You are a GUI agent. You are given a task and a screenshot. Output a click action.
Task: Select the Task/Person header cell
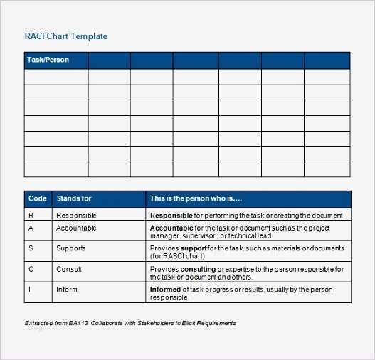tap(48, 60)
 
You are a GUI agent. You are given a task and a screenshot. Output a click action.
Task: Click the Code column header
tap(37, 198)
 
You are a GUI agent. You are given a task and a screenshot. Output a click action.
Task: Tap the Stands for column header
tap(74, 198)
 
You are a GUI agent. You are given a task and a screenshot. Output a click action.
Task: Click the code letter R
tap(31, 215)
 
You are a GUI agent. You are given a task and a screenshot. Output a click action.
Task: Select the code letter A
tap(31, 228)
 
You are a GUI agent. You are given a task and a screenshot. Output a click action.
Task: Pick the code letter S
tap(31, 248)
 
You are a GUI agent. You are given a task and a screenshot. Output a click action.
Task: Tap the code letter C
tap(31, 269)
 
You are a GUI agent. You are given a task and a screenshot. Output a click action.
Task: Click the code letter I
tap(30, 290)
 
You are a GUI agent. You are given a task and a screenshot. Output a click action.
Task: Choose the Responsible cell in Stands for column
tap(76, 215)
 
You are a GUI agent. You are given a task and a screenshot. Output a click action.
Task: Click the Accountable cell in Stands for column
tap(76, 228)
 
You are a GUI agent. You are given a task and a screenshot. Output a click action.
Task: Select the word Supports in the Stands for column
tap(70, 248)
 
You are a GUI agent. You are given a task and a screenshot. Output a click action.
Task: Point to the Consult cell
tap(68, 269)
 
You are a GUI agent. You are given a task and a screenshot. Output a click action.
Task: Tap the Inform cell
tap(67, 290)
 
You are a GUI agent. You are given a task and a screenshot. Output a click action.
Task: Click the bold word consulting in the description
tap(198, 269)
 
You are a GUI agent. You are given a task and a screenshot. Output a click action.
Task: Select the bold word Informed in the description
tap(165, 290)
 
